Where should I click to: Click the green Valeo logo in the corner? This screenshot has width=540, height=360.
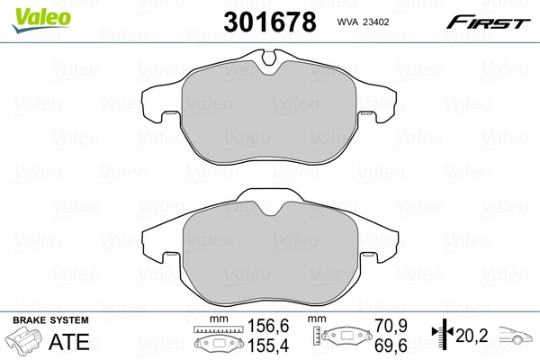click(29, 12)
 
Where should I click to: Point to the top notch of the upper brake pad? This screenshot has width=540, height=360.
click(269, 60)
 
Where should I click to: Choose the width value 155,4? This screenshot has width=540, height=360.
click(260, 346)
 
